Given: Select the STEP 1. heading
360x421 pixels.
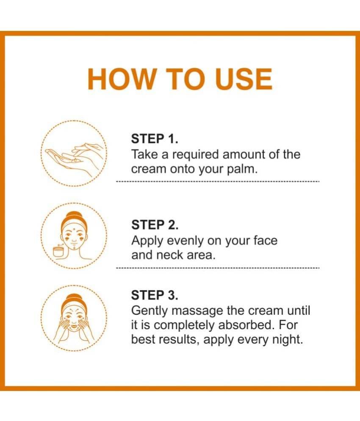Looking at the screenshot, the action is tap(155, 139).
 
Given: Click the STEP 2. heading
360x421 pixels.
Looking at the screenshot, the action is tap(155, 225).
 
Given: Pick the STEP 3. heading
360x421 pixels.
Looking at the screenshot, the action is tap(155, 295).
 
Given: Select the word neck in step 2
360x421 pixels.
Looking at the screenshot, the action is tap(170, 255).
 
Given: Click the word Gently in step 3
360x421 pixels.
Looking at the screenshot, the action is tap(150, 311).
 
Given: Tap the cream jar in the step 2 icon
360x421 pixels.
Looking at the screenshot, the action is tap(58, 252).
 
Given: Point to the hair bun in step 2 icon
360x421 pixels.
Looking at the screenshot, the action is tap(74, 215).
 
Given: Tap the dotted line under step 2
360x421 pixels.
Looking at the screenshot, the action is tap(218, 268).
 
